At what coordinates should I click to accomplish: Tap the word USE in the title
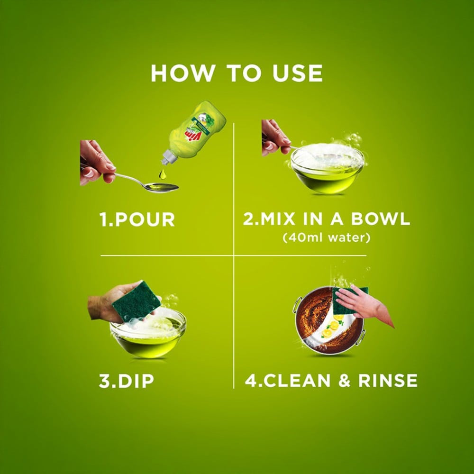(298, 73)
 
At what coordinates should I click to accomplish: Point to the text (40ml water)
(327, 237)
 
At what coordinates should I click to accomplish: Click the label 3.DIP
(127, 381)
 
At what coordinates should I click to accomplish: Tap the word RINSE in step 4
(388, 380)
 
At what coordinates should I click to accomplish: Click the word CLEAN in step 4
(297, 380)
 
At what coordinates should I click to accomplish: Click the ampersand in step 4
(344, 380)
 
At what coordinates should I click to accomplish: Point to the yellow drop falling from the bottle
(163, 174)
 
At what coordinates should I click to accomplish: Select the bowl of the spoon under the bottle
(162, 187)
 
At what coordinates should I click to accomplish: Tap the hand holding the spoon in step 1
(97, 163)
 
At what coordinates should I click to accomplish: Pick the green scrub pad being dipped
(136, 301)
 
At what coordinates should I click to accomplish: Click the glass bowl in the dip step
(148, 334)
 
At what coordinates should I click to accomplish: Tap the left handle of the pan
(297, 305)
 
